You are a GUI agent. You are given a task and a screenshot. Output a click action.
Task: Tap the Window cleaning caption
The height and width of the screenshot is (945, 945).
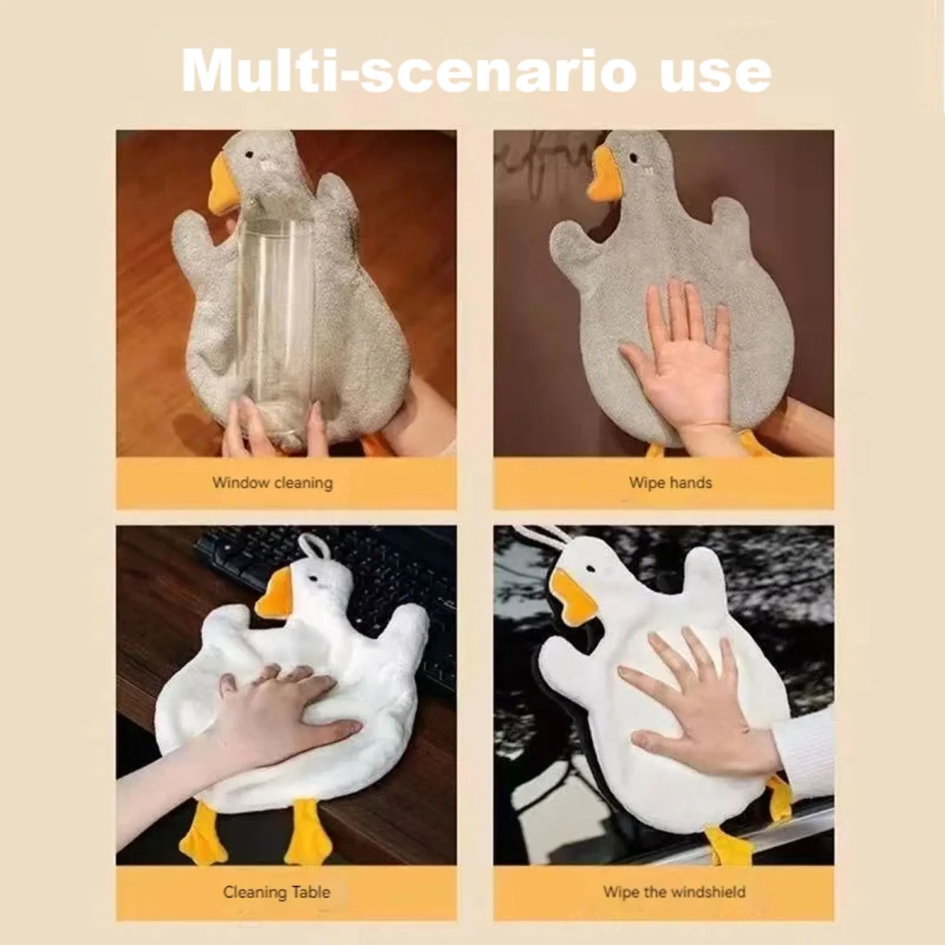pos(272,483)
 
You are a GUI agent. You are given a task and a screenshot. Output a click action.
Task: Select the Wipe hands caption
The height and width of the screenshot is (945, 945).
pos(670,483)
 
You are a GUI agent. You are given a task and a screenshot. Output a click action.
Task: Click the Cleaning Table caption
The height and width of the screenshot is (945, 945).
pos(277,892)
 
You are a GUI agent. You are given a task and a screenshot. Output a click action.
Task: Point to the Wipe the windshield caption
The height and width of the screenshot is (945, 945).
pos(674,892)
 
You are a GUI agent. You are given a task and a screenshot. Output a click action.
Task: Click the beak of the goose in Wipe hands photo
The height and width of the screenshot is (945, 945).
pos(604,176)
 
